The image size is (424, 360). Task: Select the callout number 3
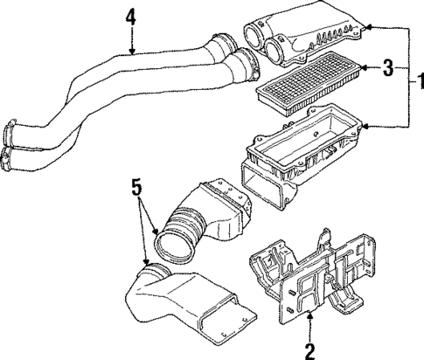pos(392,66)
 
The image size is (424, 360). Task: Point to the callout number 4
pos(131,15)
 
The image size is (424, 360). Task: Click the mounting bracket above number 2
pos(315,275)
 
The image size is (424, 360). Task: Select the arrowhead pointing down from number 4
pos(131,52)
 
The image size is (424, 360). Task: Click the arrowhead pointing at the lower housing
pos(365,128)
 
